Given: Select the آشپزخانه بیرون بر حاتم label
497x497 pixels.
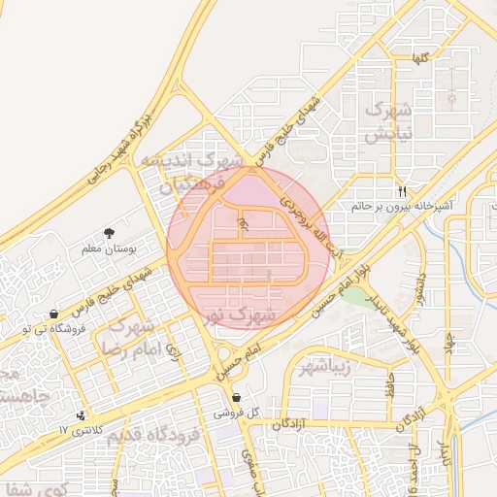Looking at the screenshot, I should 400,206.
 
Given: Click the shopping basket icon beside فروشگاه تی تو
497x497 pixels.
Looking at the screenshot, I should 52,314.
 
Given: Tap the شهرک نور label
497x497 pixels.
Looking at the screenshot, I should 244,316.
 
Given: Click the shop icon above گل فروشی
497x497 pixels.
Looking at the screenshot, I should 239,397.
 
